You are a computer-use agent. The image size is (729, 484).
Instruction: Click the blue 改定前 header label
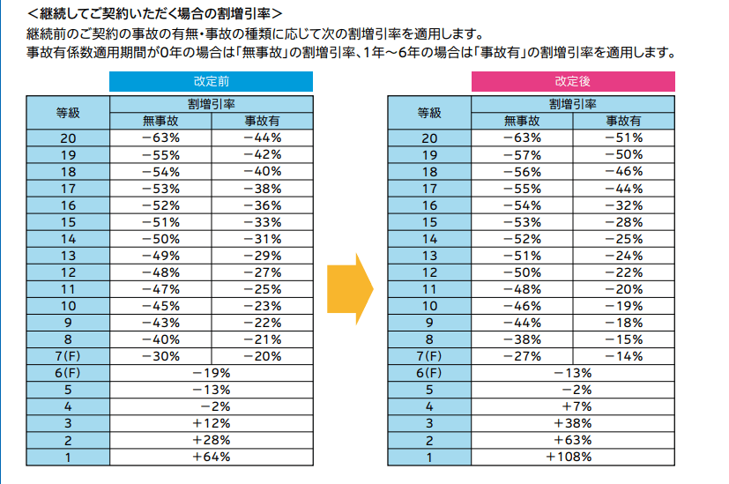coord(211,81)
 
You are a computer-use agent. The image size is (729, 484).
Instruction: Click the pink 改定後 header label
coord(572,81)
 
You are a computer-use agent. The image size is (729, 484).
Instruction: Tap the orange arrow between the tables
coord(351,288)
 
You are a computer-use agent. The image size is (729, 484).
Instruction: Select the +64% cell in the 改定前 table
coord(212,457)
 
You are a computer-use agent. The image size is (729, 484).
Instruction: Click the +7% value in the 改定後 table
coord(573,406)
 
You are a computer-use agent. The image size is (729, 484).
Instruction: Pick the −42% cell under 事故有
coord(262,154)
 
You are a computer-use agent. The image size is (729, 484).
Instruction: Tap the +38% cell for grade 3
coord(573,423)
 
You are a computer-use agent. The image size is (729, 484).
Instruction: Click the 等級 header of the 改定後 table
coord(429,112)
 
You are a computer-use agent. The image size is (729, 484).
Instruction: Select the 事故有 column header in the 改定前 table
coord(262,121)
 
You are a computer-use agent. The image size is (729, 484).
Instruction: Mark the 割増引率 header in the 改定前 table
coord(211,104)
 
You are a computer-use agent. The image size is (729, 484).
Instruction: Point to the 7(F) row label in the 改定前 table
coord(68,356)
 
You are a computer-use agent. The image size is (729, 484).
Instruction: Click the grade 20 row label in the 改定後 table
coord(429,138)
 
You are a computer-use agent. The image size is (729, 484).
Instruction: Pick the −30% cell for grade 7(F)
coord(160,356)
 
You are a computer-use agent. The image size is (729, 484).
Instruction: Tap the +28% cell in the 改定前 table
coord(212,440)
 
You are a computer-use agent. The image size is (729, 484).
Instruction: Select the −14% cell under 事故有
coord(623,356)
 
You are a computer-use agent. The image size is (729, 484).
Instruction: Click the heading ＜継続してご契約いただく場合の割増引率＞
coord(155,14)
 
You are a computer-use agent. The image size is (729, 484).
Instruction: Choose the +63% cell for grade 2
coord(573,440)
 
